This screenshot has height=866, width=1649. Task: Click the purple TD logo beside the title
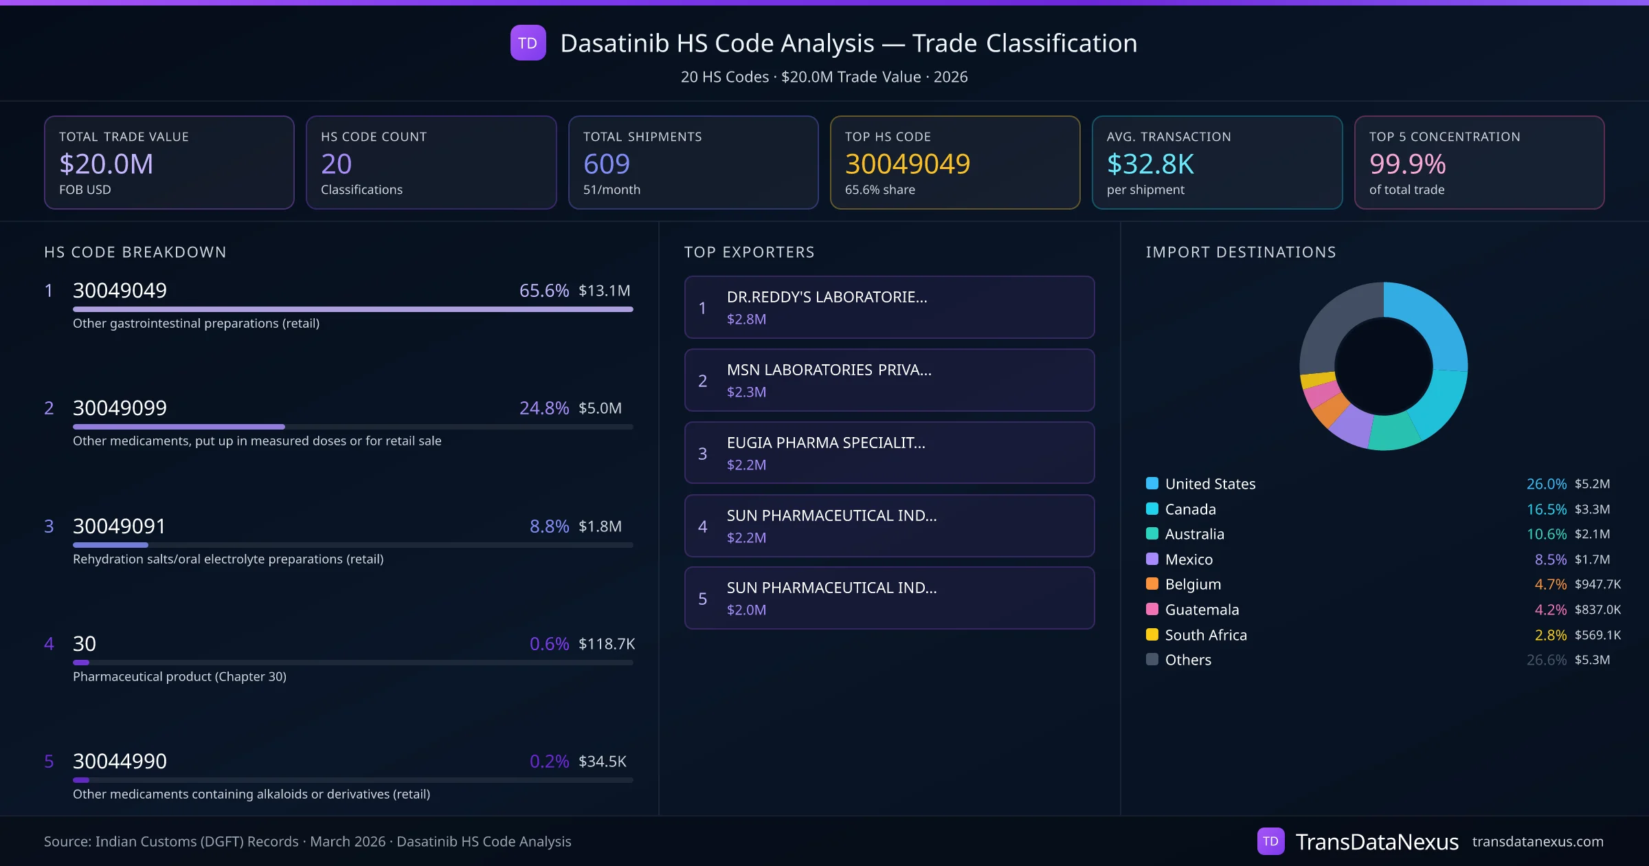tap(528, 43)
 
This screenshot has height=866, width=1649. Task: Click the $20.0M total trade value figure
tap(106, 164)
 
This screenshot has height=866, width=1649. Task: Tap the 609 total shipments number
tap(606, 164)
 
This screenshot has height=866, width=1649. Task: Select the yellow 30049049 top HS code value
tap(907, 164)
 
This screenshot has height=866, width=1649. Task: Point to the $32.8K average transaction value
tap(1150, 164)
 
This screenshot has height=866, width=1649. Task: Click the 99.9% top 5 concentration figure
tap(1407, 164)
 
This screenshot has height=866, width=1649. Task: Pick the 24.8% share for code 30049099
tap(543, 408)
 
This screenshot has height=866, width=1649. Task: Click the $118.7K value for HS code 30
tap(606, 644)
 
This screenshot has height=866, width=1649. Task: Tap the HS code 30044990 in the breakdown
tap(120, 762)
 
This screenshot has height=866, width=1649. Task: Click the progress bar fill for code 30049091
tap(111, 545)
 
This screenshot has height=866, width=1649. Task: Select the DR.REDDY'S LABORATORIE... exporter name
tap(827, 297)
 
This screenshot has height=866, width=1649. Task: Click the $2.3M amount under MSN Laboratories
tap(746, 392)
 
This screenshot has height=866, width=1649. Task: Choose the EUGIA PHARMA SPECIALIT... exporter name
tap(826, 443)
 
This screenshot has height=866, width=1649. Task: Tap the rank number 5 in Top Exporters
tap(702, 599)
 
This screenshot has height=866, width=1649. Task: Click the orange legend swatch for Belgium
tap(1152, 584)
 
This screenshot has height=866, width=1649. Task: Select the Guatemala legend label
tap(1202, 610)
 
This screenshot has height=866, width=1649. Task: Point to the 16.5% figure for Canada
tap(1546, 509)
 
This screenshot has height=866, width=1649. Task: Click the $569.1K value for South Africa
tap(1597, 635)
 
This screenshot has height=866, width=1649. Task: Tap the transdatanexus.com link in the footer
tap(1538, 842)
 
